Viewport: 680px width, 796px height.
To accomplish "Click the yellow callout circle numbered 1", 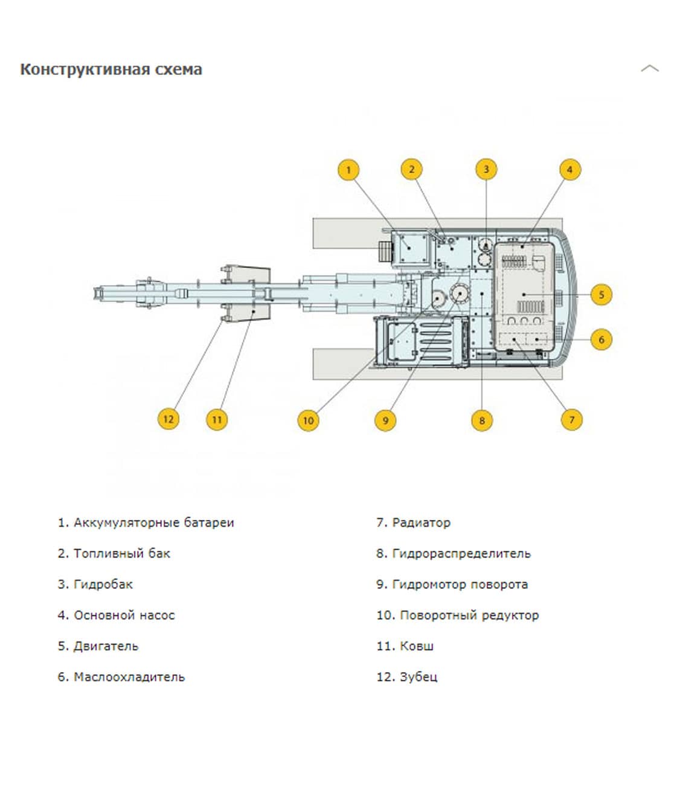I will tap(348, 170).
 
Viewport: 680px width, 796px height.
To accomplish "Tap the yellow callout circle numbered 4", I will tap(569, 170).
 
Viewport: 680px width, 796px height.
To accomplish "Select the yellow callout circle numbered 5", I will tap(601, 295).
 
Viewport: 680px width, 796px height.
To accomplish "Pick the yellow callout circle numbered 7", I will tap(572, 419).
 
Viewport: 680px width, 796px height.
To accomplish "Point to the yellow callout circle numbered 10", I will tap(308, 420).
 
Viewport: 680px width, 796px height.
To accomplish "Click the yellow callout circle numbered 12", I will tap(168, 419).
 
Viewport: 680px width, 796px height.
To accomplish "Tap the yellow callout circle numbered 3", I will tap(486, 170).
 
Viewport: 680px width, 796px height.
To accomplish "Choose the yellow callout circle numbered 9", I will tap(385, 420).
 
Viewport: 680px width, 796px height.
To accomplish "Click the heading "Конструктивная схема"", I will tap(111, 69).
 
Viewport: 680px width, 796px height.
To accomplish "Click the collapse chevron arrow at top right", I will tap(649, 68).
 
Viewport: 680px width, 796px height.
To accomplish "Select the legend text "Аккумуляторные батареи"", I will tap(153, 522).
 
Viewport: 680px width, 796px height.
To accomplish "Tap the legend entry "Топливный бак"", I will tap(121, 553).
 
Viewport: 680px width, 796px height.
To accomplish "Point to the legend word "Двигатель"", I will tap(106, 646).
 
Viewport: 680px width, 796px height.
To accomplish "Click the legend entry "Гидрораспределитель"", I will tap(461, 553).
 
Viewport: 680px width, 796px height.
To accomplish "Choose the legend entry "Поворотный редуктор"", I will tap(469, 615).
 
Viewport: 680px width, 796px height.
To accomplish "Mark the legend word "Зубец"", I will tap(418, 677).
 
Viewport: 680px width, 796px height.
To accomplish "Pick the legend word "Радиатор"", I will tap(421, 522).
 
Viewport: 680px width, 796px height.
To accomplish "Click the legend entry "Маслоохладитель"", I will tap(129, 677).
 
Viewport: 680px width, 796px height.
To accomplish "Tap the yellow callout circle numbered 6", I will tap(601, 339).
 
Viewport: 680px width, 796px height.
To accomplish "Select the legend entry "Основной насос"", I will tap(124, 615).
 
